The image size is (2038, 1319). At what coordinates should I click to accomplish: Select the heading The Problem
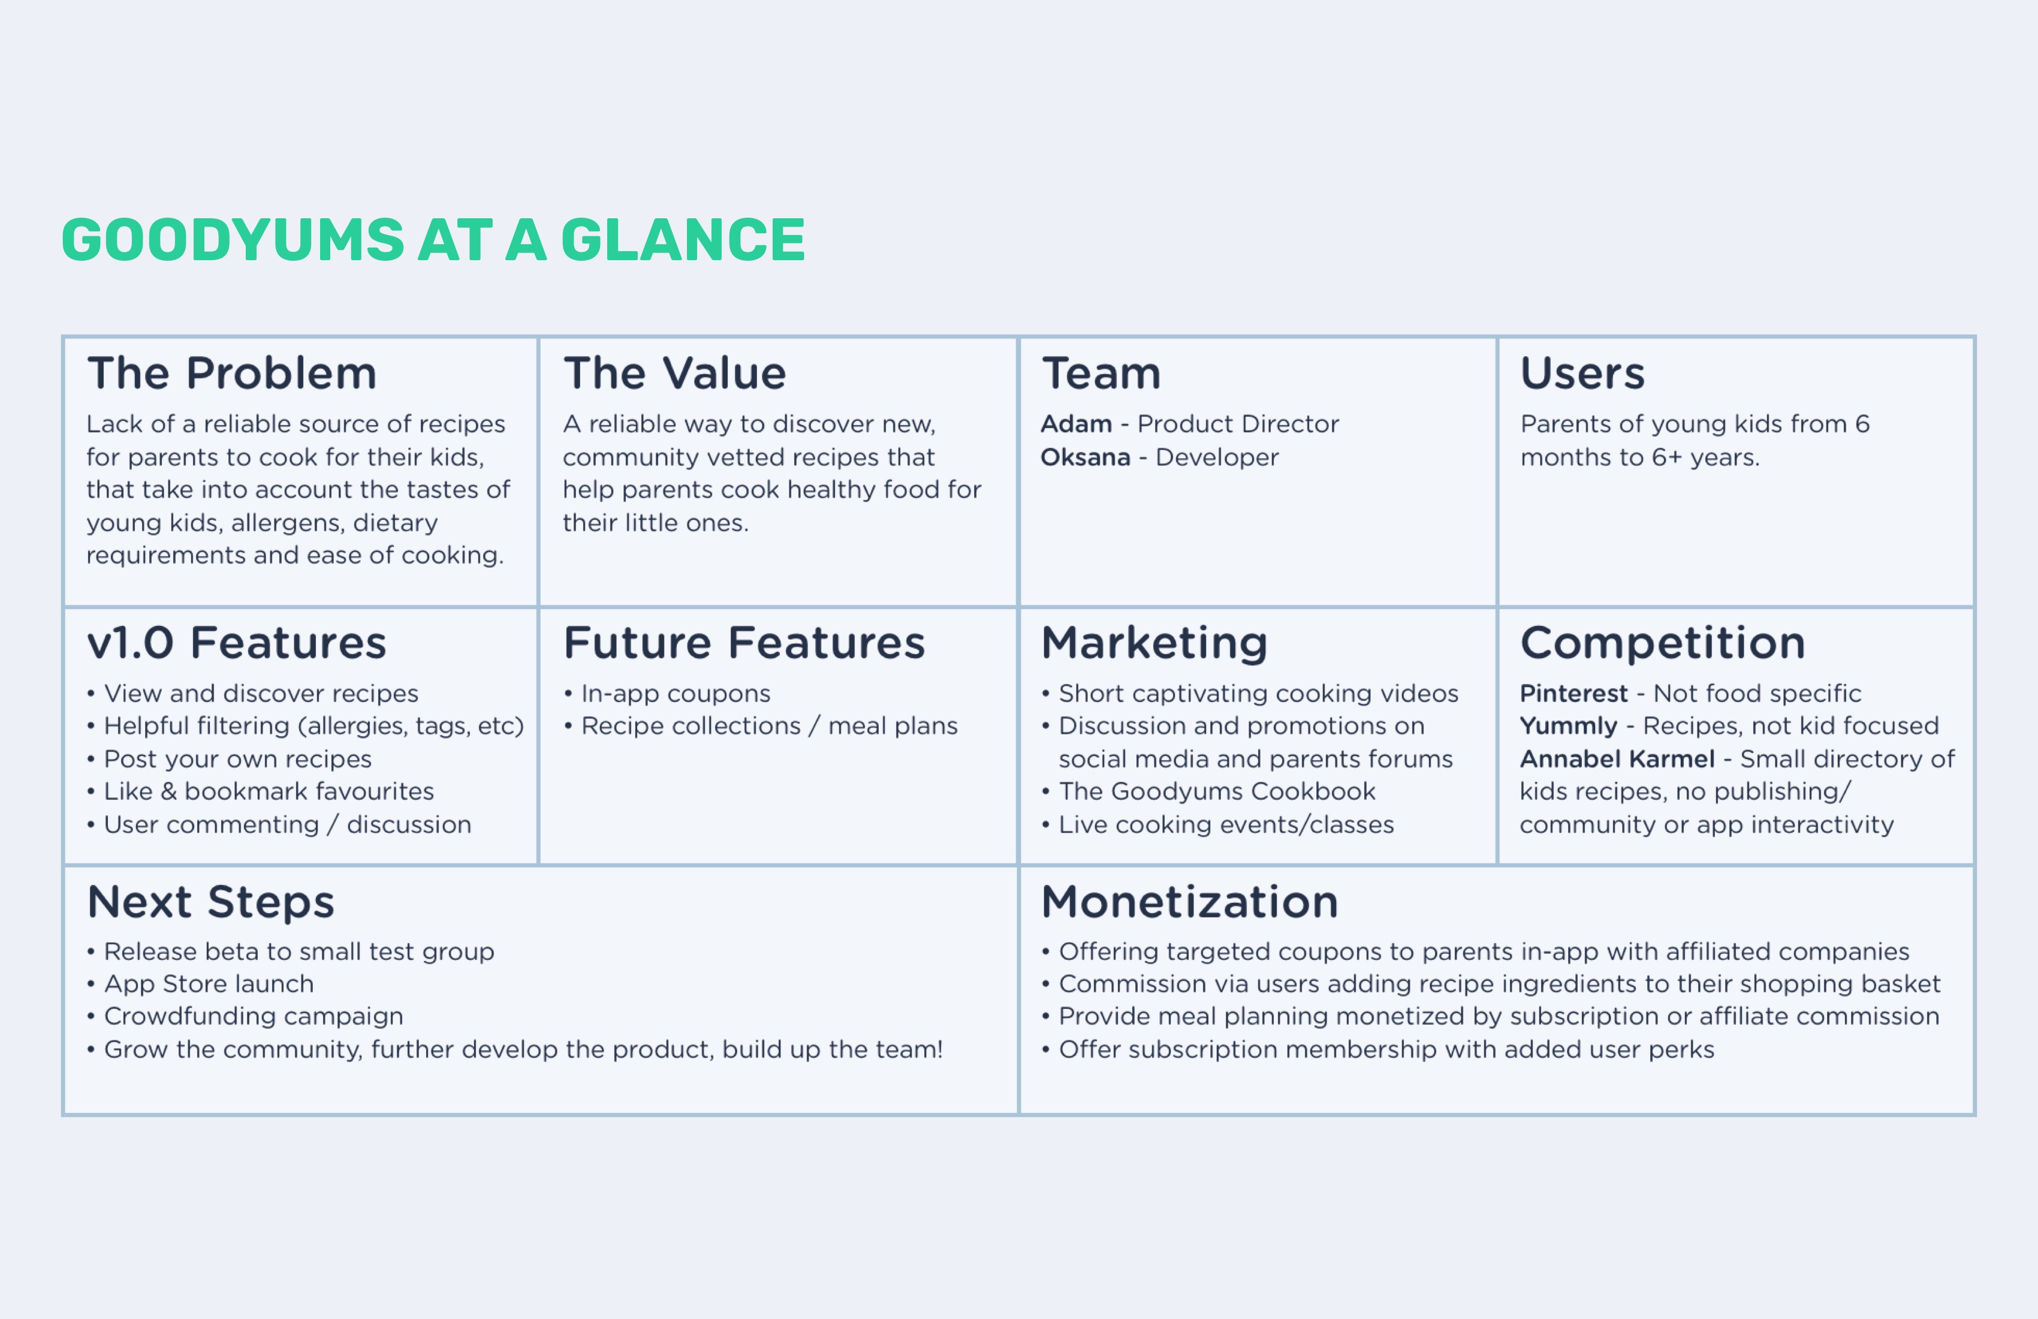tap(232, 374)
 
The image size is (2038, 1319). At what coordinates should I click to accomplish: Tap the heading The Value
tap(675, 374)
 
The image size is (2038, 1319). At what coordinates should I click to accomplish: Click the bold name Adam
tap(1077, 424)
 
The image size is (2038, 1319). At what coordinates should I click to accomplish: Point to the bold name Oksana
tap(1086, 457)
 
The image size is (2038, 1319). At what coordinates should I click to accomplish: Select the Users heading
tap(1582, 374)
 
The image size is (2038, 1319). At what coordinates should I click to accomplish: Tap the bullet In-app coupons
tap(667, 694)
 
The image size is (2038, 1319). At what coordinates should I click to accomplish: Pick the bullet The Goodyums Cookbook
tap(1208, 791)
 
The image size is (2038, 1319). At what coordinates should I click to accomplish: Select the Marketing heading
tap(1154, 643)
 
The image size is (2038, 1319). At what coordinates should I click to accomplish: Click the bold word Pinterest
tap(1574, 693)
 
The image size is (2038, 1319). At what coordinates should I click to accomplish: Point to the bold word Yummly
tap(1569, 726)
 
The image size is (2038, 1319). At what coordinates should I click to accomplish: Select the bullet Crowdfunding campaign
tap(245, 1017)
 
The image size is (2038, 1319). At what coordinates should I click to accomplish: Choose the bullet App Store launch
tap(200, 984)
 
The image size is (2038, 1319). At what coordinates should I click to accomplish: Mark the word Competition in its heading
tap(1663, 643)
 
